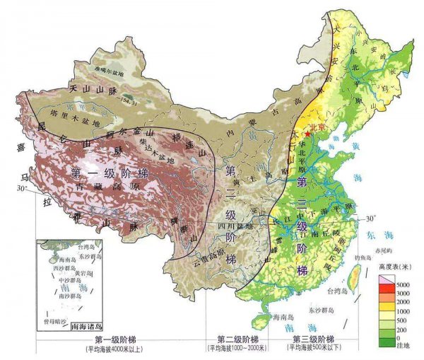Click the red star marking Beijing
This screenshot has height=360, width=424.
pyautogui.click(x=307, y=132)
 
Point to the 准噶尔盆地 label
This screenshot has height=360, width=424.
pyautogui.click(x=107, y=71)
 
